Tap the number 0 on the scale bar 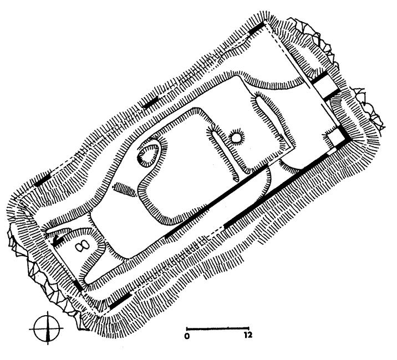coord(187,336)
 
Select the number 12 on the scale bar coord(248,336)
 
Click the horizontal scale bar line coord(218,329)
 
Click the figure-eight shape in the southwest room coord(83,246)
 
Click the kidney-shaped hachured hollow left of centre coord(150,155)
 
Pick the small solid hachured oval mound coord(124,189)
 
